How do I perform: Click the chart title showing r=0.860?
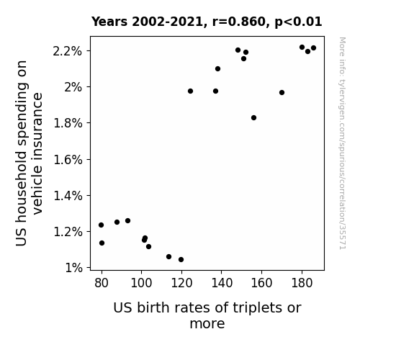207,22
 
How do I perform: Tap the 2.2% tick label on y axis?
68,51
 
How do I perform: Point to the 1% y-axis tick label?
73,268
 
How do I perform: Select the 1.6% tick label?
68,160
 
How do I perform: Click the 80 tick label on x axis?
102,283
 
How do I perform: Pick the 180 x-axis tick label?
302,283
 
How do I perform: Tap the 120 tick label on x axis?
181,283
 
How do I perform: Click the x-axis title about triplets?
207,315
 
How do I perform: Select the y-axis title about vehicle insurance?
29,153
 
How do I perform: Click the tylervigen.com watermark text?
342,143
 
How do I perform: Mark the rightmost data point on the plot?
313,48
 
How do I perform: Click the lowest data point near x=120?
181,260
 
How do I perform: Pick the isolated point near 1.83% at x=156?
253,118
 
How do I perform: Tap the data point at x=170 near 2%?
282,92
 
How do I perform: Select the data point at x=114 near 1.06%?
168,257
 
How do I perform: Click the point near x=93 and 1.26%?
127,221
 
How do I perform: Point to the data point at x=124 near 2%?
190,91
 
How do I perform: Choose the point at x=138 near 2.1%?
217,69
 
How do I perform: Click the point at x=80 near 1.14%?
102,243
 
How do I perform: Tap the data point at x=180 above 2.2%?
302,48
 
